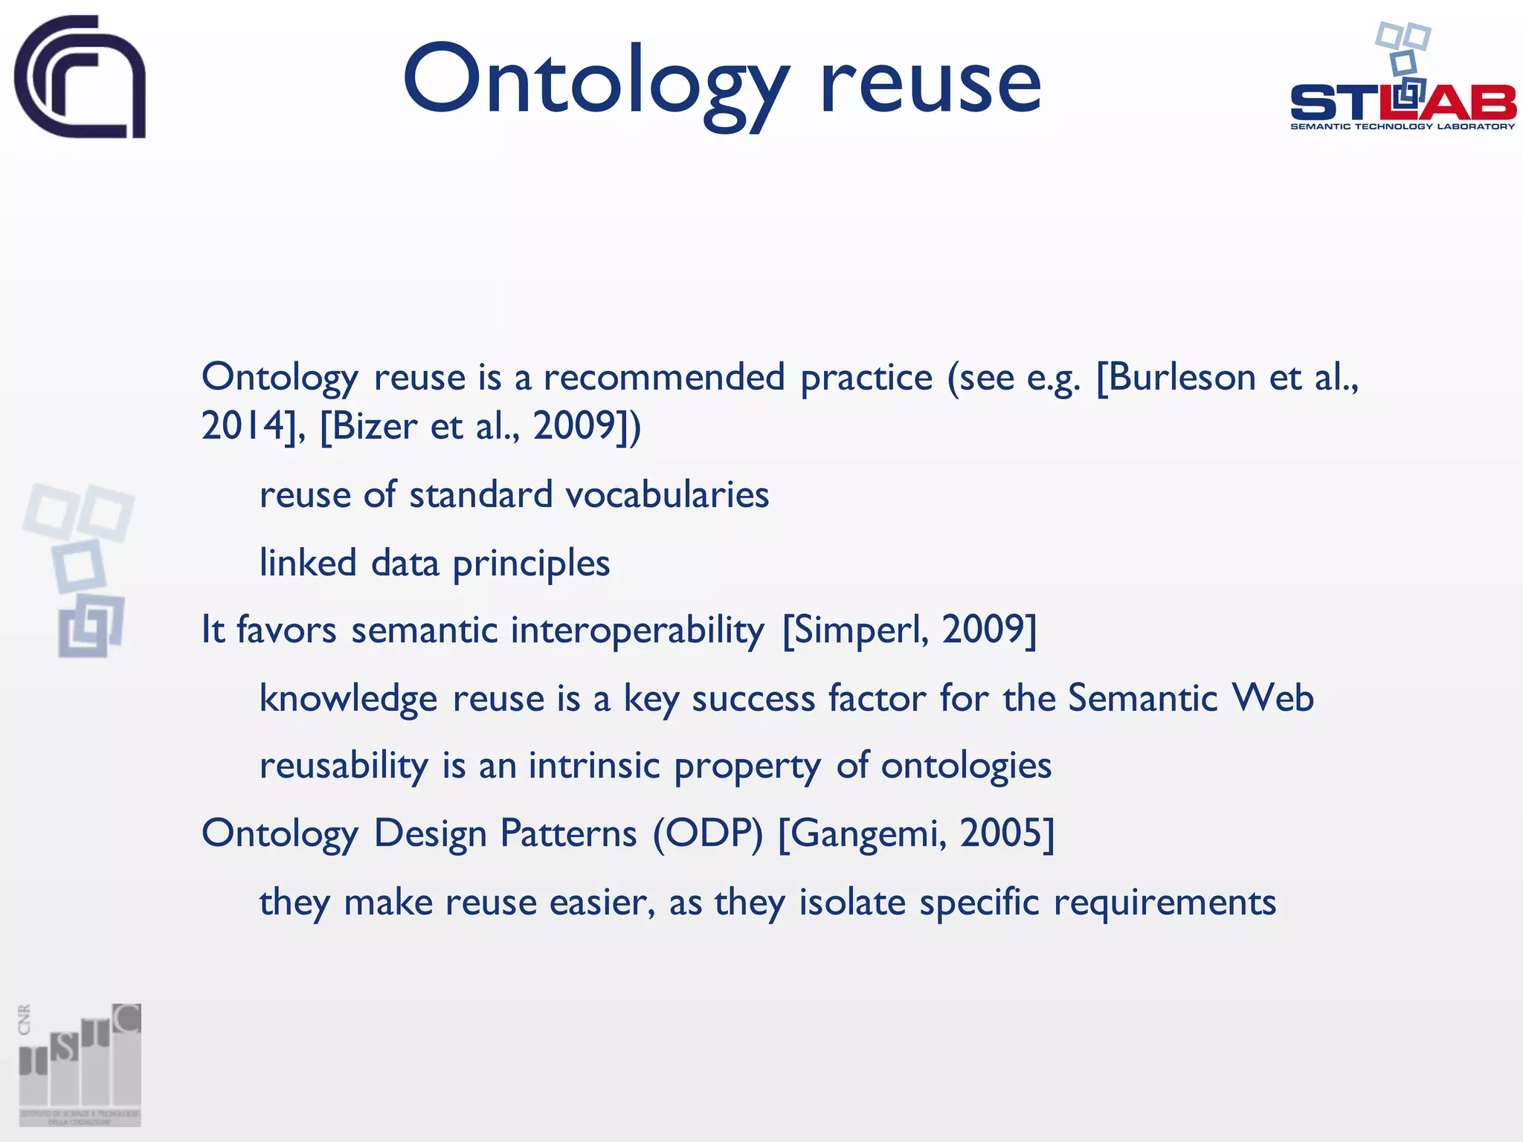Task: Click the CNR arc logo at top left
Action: (x=80, y=77)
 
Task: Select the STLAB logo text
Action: (x=1403, y=103)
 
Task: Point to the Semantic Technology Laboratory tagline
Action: (x=1403, y=126)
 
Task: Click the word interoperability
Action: (x=637, y=630)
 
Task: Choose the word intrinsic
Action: (x=594, y=766)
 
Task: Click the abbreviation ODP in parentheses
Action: (x=708, y=833)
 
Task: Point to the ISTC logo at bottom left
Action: (x=80, y=1064)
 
